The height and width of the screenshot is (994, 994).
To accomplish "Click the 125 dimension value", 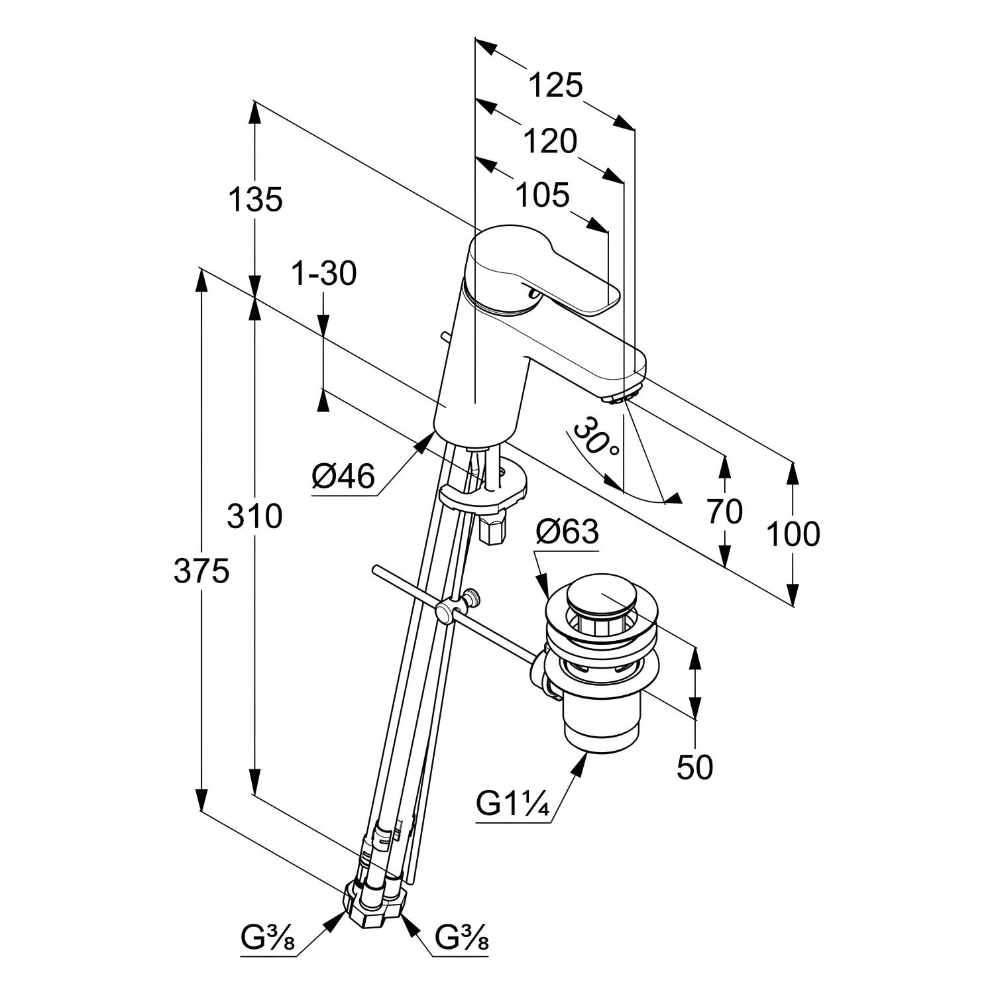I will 555,85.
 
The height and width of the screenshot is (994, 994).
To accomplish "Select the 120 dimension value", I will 550,141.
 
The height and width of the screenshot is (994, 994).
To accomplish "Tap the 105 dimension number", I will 542,195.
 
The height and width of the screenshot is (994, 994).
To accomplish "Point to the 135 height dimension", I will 255,199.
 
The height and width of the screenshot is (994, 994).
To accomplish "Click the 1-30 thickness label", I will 324,273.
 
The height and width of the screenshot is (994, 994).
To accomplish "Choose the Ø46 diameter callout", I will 343,476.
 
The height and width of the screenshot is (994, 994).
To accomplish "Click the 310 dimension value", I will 254,516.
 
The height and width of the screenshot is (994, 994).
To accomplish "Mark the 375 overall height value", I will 201,571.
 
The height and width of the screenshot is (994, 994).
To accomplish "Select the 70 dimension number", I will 724,512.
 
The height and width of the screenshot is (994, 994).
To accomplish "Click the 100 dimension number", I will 793,533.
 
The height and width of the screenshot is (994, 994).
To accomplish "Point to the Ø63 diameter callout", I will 567,531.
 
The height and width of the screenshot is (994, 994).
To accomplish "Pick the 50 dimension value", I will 694,767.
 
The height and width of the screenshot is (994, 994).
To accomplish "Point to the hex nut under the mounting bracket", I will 491,530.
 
